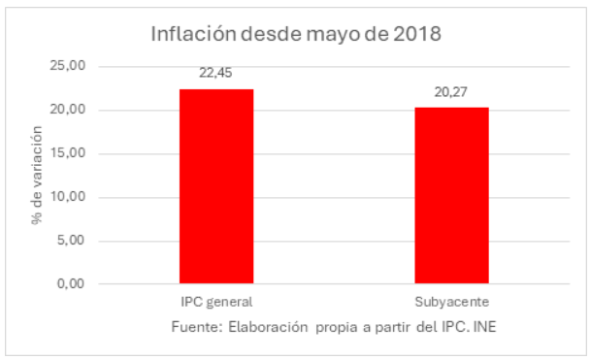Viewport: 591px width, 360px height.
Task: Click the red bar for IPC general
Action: (216, 186)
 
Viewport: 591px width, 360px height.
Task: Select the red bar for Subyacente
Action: (451, 195)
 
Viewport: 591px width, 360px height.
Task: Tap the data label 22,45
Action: (216, 72)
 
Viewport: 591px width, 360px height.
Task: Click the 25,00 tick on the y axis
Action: (68, 66)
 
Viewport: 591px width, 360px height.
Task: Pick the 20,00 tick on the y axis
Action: (68, 110)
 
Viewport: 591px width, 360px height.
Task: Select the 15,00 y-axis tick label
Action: (68, 153)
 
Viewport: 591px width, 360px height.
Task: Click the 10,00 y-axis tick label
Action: (68, 197)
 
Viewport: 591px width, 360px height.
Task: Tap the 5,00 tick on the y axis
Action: (71, 241)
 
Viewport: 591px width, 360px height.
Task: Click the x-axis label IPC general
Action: (216, 302)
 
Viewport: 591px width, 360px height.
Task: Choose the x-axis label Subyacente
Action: (451, 302)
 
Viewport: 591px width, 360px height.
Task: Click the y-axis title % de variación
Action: (37, 176)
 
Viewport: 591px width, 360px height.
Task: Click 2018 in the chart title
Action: (419, 35)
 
